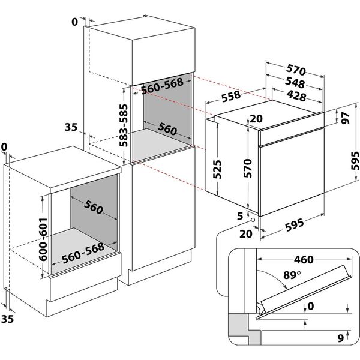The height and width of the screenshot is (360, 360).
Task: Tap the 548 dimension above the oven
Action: [x=295, y=83]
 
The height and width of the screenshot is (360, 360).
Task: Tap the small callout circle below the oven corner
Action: [x=254, y=220]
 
